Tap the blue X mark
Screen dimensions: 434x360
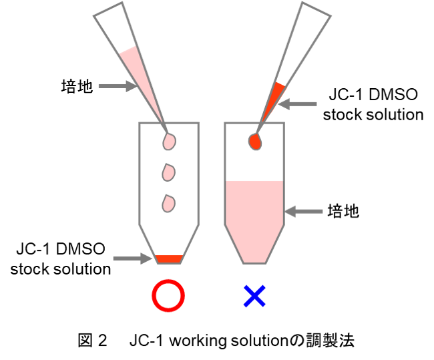(254, 296)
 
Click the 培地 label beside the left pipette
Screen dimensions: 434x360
(77, 86)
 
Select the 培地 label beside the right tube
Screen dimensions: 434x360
(343, 211)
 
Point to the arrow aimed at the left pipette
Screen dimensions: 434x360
(118, 86)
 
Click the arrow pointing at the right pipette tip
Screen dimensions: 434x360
(297, 104)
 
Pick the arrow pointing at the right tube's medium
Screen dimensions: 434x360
(304, 211)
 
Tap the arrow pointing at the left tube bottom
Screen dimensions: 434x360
(133, 258)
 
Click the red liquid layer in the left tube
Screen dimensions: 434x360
(169, 259)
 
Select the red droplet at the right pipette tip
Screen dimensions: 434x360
(255, 142)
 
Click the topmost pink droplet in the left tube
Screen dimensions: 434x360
(169, 142)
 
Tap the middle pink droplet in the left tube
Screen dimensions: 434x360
(168, 172)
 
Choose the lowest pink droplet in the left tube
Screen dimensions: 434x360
(168, 204)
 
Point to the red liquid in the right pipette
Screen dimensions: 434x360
(272, 101)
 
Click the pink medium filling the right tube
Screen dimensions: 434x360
(254, 219)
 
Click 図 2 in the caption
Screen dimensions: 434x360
(92, 341)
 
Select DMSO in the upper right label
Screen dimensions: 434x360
(393, 94)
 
